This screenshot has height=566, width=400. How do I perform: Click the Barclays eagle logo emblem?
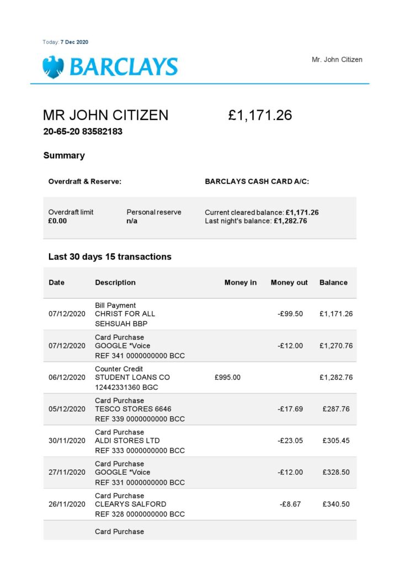(x=53, y=67)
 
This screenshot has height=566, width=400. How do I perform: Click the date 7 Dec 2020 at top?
(x=74, y=42)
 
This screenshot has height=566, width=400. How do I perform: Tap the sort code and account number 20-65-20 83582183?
(x=83, y=132)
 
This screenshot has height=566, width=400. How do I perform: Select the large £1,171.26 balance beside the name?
(x=260, y=116)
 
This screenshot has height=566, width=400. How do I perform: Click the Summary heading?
(x=64, y=155)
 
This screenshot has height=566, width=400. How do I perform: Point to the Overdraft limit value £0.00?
(x=57, y=221)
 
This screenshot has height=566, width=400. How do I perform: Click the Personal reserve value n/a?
(x=131, y=221)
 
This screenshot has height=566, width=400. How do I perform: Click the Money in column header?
(x=241, y=282)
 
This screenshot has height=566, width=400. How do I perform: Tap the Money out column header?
(x=289, y=282)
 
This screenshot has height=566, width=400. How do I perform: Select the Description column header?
(x=115, y=282)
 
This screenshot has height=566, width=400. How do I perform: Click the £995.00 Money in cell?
(x=227, y=378)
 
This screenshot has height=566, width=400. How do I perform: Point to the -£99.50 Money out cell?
(x=290, y=314)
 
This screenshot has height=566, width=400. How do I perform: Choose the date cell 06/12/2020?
(x=67, y=378)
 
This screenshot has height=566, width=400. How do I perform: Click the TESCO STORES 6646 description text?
(x=133, y=409)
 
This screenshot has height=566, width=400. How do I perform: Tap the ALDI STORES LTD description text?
(x=127, y=441)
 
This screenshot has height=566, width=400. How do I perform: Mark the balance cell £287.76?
(x=338, y=409)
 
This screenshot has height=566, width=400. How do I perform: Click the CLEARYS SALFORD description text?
(x=130, y=504)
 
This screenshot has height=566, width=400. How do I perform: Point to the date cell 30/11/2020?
(x=67, y=441)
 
